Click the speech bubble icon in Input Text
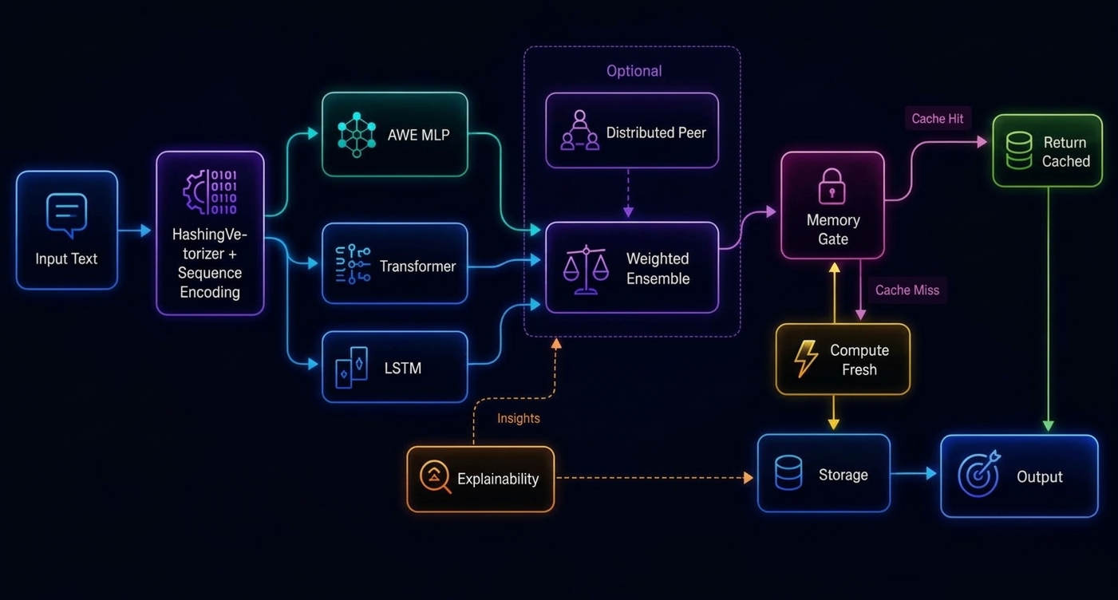67,215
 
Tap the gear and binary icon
210,192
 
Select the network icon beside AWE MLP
357,135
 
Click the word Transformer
417,266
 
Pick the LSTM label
403,368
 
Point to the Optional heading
634,71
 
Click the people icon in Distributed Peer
579,130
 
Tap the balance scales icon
586,270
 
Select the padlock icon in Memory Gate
832,186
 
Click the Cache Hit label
938,118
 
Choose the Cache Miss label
907,290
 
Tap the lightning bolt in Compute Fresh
805,358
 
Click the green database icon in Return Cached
1019,150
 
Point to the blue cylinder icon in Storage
788,472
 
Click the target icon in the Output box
979,473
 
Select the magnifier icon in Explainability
435,476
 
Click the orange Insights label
518,418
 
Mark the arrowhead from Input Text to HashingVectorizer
146,230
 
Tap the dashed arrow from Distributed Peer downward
628,193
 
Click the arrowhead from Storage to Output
930,473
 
